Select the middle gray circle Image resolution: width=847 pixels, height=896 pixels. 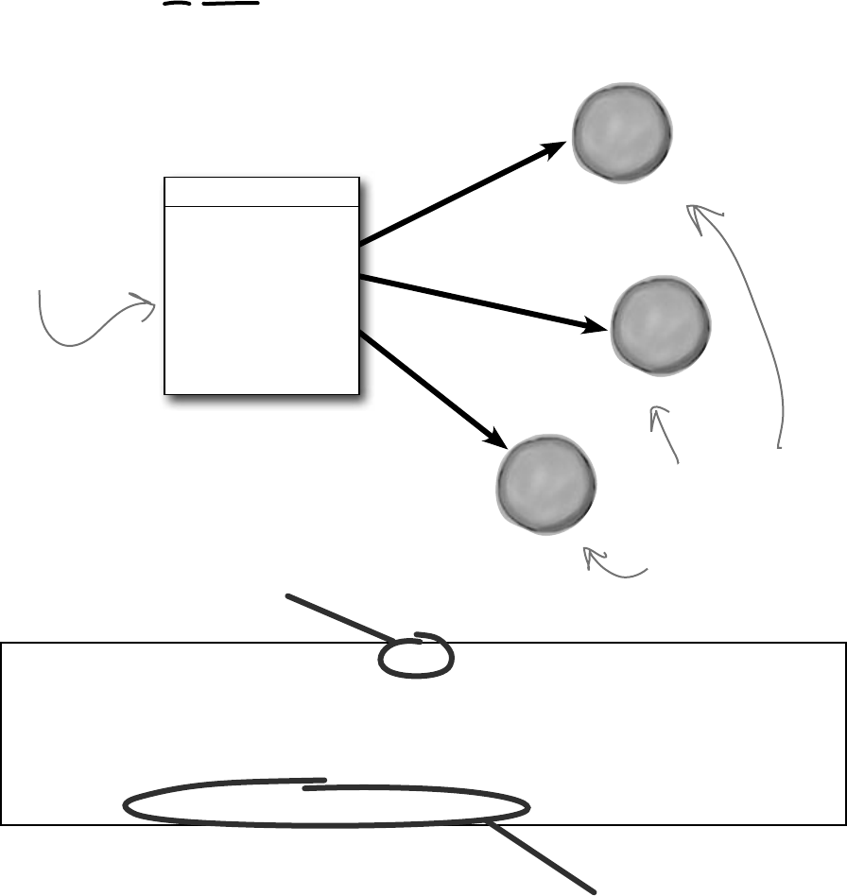661,325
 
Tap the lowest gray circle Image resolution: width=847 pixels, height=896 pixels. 547,484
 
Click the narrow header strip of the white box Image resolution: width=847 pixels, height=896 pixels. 262,191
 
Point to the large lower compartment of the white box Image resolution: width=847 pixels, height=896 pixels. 262,299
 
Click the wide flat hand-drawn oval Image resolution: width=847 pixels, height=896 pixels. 326,806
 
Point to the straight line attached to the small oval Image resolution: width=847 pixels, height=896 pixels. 340,615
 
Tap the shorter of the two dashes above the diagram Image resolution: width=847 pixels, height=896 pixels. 176,4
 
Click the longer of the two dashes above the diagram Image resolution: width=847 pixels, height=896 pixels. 230,3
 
